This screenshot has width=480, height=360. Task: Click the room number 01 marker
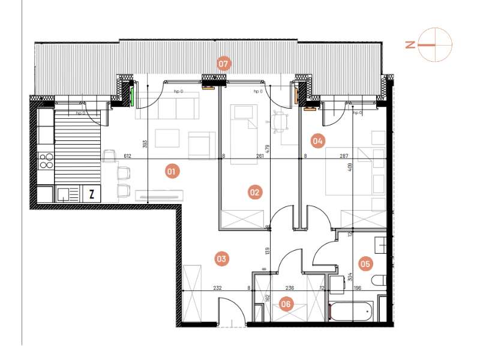click(171, 172)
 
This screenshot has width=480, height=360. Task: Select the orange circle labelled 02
click(255, 193)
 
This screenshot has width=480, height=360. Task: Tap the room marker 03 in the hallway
click(221, 259)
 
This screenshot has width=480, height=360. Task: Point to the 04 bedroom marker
click(317, 142)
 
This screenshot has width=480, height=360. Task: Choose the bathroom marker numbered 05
click(364, 263)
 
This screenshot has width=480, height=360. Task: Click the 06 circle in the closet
click(286, 304)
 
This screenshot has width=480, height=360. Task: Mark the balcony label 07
click(224, 63)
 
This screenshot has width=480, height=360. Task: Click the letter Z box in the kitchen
click(91, 194)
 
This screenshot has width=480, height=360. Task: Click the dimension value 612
click(127, 155)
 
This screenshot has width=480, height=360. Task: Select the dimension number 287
click(343, 155)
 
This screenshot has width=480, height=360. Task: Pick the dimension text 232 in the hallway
click(217, 288)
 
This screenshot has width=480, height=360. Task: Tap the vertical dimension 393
click(145, 144)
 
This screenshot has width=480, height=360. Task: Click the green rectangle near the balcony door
click(132, 96)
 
